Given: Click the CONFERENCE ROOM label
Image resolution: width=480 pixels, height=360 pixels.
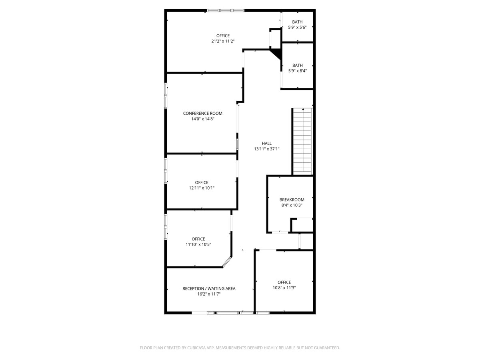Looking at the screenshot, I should tap(202, 113).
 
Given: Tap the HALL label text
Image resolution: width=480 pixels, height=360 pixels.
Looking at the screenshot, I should tap(266, 143).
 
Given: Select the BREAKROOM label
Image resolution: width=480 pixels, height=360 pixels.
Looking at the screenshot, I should tap(292, 200).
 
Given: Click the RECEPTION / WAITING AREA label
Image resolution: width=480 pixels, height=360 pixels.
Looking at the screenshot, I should tap(209, 288).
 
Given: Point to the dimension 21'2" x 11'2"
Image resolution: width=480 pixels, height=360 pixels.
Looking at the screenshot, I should tap(223, 41).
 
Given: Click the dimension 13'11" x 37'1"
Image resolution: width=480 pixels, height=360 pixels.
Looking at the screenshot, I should tap(266, 149).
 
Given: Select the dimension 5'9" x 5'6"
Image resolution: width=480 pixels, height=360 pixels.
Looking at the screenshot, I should tap(297, 28).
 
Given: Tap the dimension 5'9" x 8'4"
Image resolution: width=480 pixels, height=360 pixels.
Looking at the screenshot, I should tap(297, 71).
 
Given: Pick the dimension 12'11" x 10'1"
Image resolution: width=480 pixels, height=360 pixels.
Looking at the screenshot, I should tap(202, 188).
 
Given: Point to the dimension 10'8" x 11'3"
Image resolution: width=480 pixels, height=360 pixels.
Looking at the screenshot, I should tap(284, 288).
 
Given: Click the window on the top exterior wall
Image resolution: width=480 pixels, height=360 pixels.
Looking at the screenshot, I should tap(226, 10).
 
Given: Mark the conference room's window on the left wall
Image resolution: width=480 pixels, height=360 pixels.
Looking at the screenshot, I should tap(166, 95).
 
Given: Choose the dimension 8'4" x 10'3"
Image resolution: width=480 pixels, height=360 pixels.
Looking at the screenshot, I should tap(292, 205).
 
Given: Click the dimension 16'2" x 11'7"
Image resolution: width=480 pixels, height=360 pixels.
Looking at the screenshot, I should tap(209, 294).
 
